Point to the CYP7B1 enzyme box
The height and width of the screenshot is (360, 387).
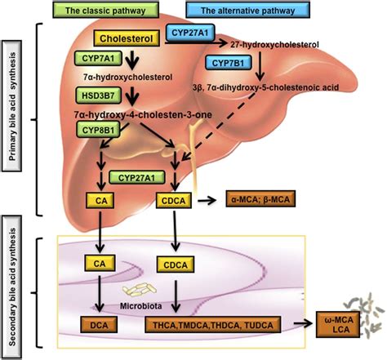point(231,63)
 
